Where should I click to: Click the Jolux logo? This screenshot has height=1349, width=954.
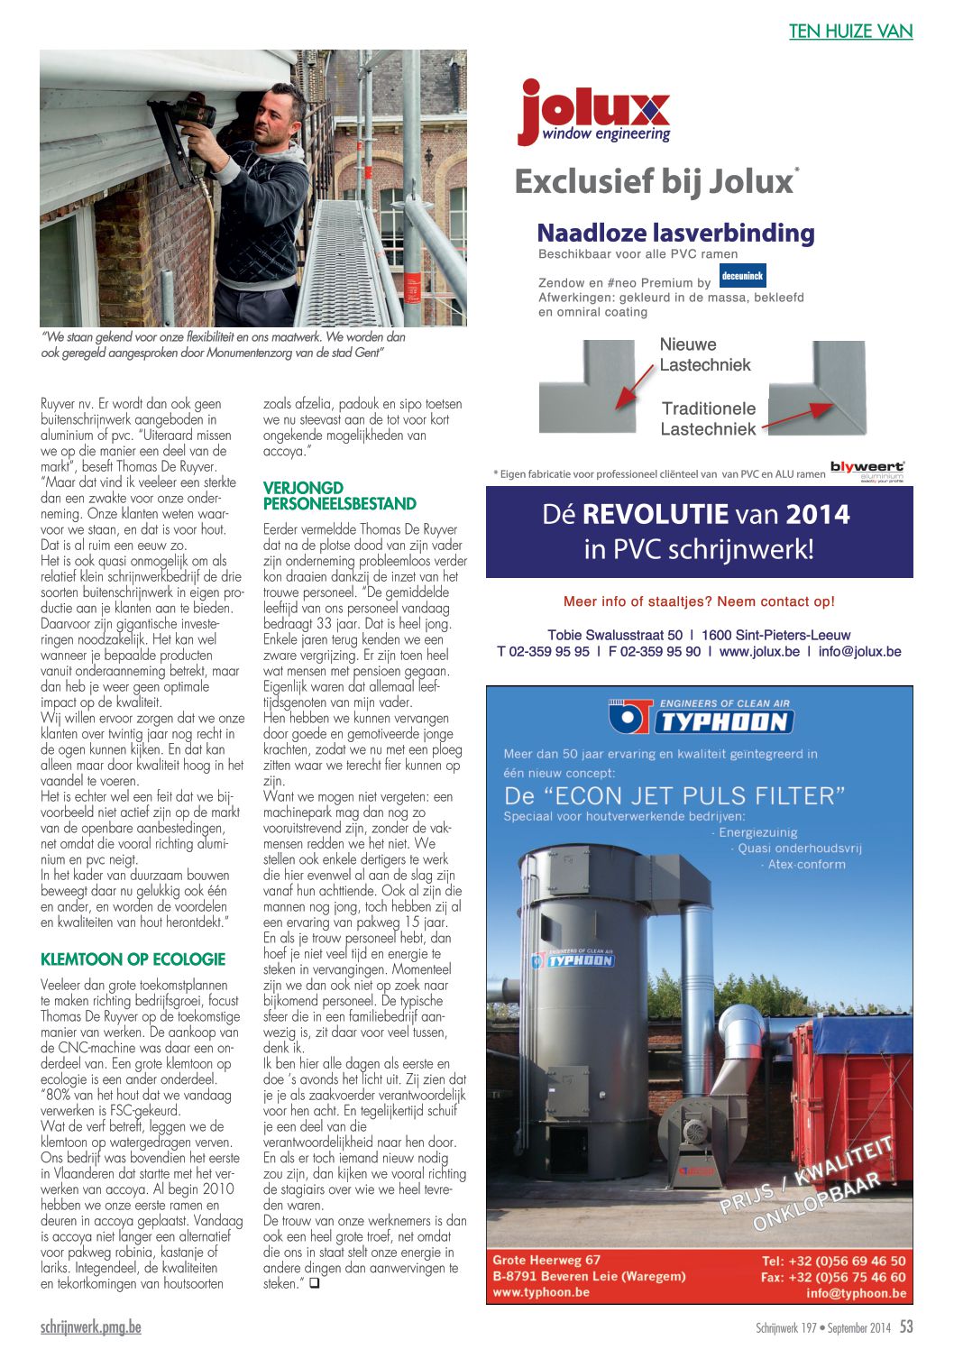coord(594,112)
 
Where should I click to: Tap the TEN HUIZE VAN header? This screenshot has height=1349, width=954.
coord(850,32)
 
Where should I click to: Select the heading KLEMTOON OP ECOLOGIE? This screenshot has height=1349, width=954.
coord(133,959)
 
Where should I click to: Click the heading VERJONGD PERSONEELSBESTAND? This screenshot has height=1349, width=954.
coord(339,496)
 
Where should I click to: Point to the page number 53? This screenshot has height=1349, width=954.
coord(906,1326)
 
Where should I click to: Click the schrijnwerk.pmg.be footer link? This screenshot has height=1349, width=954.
coord(90,1327)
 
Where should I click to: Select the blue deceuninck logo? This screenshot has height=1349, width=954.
coord(743,276)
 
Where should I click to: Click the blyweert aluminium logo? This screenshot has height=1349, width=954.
coord(867,470)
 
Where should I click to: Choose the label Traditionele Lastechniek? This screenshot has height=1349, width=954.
coord(709,418)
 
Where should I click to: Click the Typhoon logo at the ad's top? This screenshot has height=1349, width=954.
coord(700,718)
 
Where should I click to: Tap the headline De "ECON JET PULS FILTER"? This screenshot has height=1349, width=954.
coord(674,795)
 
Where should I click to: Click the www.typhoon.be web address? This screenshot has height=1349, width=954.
coord(541,1292)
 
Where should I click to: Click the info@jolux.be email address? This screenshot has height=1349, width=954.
coord(859,651)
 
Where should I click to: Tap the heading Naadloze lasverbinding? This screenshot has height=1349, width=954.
coord(675,234)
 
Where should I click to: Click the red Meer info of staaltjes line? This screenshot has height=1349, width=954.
coord(699,601)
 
